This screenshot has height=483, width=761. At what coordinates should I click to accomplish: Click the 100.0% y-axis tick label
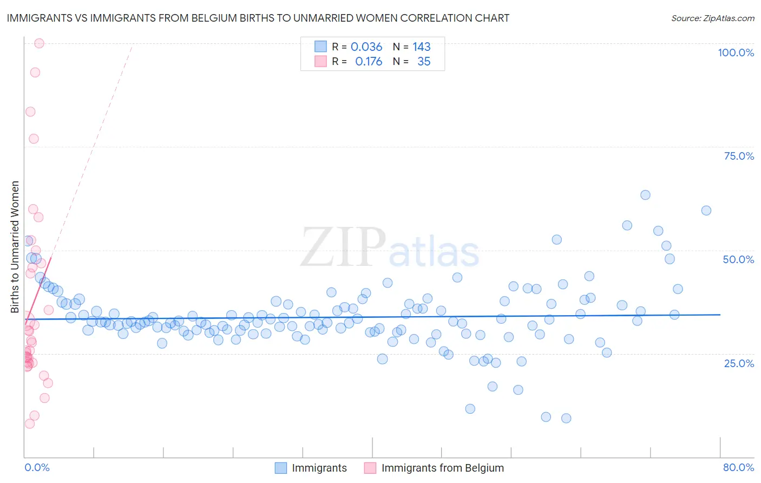point(736,53)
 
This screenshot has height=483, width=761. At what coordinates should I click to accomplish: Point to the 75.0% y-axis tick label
point(739,156)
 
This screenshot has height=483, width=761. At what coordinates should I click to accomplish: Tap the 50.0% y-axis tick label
point(738,259)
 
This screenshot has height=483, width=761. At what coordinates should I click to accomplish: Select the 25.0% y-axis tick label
point(739,363)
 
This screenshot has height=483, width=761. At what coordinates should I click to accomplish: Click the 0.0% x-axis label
point(37,467)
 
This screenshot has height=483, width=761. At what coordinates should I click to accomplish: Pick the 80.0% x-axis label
point(738,467)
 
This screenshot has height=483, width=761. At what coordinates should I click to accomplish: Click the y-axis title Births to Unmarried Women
point(15,247)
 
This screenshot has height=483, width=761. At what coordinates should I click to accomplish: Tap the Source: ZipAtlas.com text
point(712,18)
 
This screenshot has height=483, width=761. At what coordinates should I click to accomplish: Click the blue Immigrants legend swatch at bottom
point(280,468)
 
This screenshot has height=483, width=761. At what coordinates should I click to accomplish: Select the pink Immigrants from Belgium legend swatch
point(370,468)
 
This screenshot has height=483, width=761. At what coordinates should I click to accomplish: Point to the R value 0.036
point(366,47)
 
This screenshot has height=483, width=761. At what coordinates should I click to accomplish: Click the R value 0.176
point(369,62)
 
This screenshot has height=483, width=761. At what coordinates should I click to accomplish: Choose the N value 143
point(422,47)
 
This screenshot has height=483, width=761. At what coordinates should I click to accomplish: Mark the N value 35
point(424,62)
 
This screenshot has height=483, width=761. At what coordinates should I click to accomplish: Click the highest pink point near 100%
point(39,43)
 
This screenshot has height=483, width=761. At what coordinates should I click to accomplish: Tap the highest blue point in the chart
point(645,195)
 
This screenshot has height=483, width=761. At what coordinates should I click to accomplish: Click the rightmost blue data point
point(706,211)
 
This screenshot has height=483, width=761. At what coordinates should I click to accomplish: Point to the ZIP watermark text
point(343,247)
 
